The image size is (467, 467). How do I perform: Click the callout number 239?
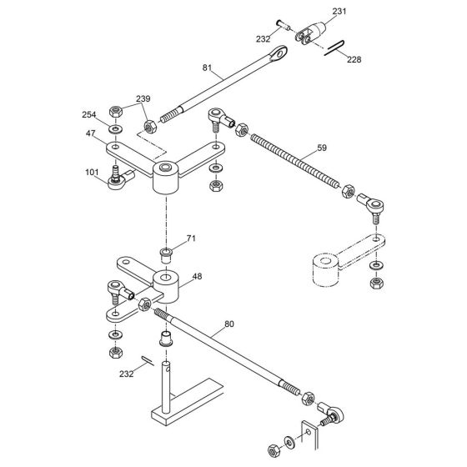click(144, 99)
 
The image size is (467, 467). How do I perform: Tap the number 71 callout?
click(190, 239)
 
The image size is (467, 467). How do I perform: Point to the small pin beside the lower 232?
click(147, 360)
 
